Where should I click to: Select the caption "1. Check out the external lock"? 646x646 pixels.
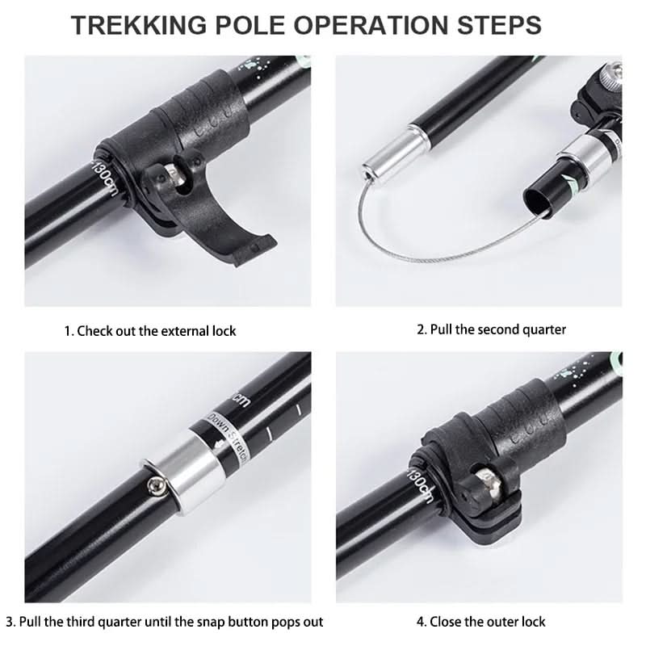click(x=150, y=330)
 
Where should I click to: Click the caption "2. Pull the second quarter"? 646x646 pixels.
click(x=491, y=329)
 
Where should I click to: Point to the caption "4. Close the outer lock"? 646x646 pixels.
click(x=480, y=621)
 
